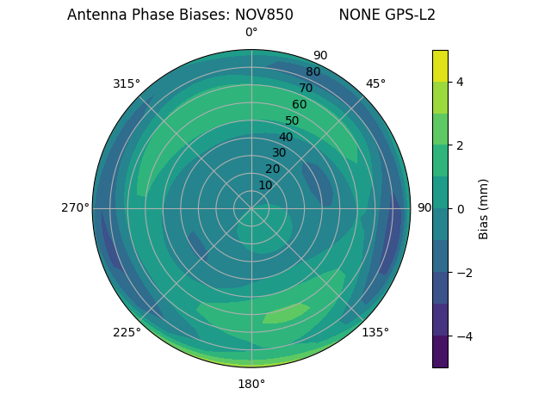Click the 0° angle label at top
[251, 33]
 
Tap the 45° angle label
[375, 83]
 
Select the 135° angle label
[375, 332]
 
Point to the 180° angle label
[251, 384]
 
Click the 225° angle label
[127, 332]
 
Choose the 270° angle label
[75, 207]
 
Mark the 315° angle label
[127, 83]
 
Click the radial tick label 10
[265, 185]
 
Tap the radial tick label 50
[292, 120]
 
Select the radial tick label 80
[313, 71]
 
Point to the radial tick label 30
[279, 153]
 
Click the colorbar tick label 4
[460, 82]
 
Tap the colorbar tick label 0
[460, 209]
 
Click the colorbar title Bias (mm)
[484, 208]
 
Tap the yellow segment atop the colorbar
[440, 65]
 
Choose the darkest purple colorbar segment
[440, 351]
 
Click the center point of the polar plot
[251, 208]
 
